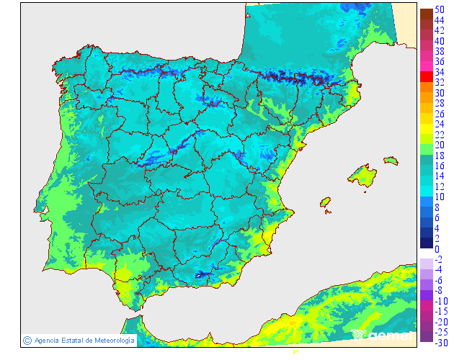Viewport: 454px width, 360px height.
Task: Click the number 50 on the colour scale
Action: [x=439, y=9]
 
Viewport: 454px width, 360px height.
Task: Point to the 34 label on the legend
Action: [x=439, y=72]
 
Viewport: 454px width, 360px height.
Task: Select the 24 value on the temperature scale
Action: [x=439, y=124]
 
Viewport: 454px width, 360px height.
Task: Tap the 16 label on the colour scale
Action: [x=439, y=166]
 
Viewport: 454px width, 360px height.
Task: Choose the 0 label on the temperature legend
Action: [x=437, y=249]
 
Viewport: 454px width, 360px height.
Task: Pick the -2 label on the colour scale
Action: [x=438, y=259]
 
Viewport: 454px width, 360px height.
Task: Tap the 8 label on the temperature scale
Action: [x=437, y=207]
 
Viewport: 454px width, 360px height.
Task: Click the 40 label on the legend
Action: [x=439, y=41]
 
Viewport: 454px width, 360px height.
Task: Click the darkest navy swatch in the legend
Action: [x=426, y=243]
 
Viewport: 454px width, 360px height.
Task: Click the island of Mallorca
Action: [x=362, y=176]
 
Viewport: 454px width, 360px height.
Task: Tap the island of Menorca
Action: [x=391, y=161]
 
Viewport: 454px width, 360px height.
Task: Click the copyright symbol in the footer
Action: [x=27, y=340]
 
